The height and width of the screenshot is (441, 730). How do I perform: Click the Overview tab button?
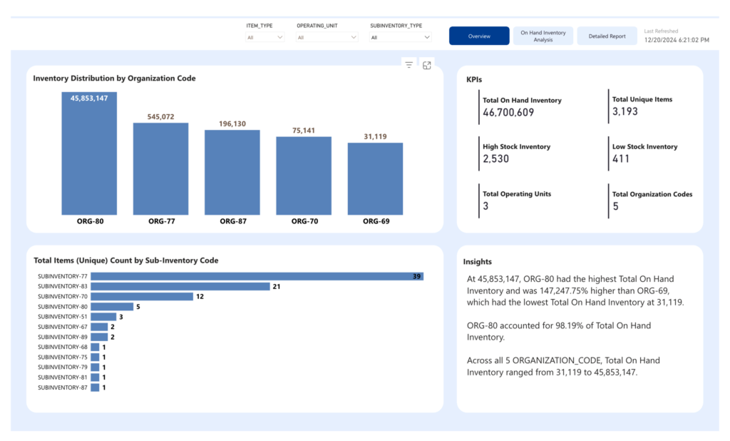[x=479, y=36]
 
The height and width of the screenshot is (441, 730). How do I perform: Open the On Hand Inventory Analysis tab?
[x=543, y=36]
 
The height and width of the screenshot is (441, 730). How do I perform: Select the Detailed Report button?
[x=607, y=36]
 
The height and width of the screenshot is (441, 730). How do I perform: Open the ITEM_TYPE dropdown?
[x=265, y=37]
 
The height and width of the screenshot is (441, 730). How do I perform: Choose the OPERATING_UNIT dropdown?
[x=327, y=37]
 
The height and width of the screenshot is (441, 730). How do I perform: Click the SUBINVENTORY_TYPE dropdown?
[x=401, y=37]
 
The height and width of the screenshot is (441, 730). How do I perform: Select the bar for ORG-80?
[x=89, y=153]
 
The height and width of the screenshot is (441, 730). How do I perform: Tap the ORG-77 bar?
[x=160, y=168]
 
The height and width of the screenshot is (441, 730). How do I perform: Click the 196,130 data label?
[x=232, y=123]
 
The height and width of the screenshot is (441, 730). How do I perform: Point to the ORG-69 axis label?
[x=376, y=221]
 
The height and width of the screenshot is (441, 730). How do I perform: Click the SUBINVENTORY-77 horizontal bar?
[x=257, y=276]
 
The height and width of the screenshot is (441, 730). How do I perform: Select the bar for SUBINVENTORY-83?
[x=180, y=286]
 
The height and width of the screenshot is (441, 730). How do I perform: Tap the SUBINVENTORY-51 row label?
[x=63, y=317]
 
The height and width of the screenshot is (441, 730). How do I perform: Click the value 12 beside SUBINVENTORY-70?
[x=200, y=296]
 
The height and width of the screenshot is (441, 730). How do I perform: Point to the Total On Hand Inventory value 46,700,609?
[x=508, y=112]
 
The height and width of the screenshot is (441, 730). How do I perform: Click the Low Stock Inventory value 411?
[x=621, y=158]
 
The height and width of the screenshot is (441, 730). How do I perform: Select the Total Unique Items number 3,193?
[x=624, y=111]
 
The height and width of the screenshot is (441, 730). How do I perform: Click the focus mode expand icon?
[x=427, y=65]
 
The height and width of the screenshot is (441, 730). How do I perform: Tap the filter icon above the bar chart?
[x=408, y=65]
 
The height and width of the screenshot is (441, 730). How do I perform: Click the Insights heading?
[x=477, y=261]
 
